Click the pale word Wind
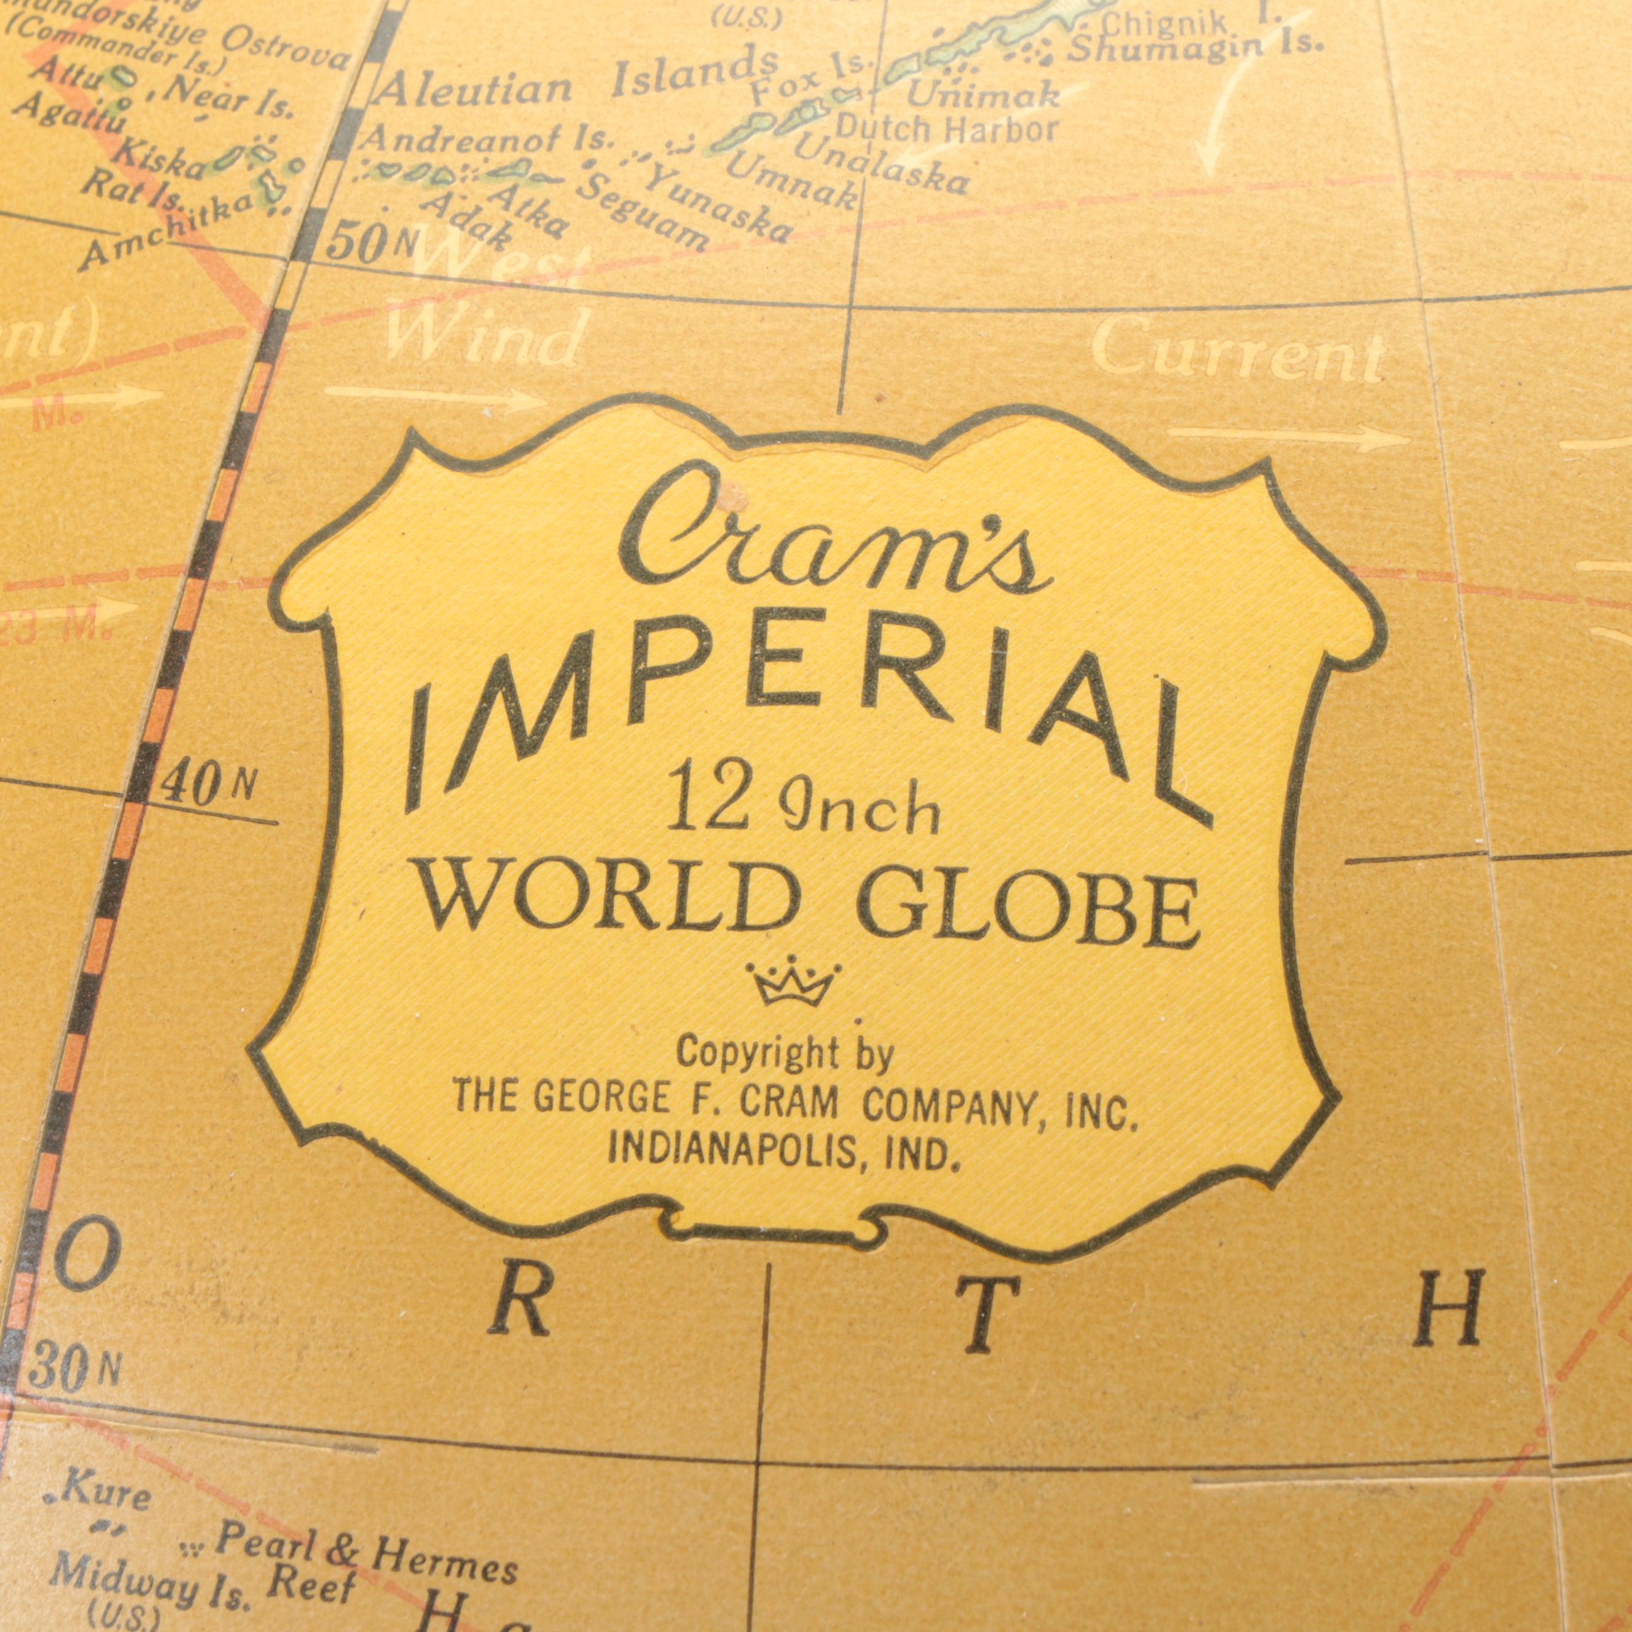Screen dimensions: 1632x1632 [485, 337]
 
